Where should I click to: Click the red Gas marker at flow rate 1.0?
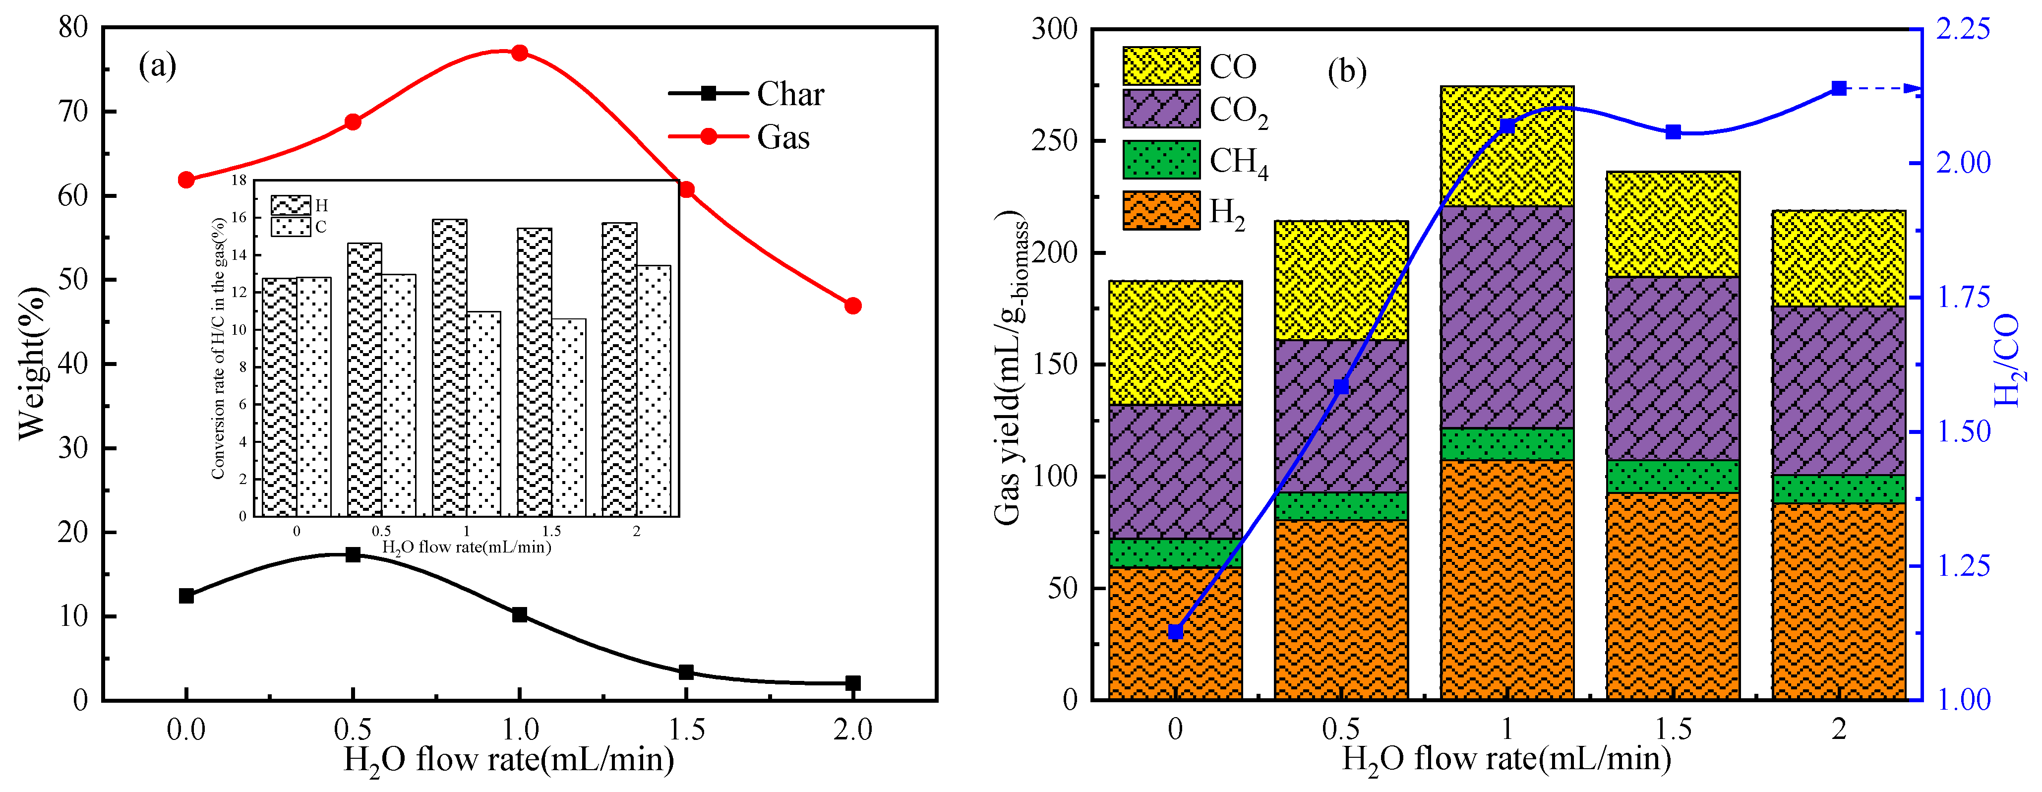point(519,53)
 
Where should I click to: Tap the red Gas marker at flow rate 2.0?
point(853,306)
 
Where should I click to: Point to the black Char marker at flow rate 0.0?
point(186,596)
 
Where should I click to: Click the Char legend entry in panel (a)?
point(789,94)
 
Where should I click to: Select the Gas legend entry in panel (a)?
point(782,137)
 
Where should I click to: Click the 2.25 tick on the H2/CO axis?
point(1963,29)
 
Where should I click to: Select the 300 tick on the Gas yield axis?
point(1054,29)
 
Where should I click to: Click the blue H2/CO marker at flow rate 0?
point(1176,632)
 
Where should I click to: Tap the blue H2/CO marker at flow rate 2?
point(1839,88)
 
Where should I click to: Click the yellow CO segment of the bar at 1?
point(1507,147)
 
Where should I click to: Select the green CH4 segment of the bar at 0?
point(1176,553)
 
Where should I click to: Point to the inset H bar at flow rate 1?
point(449,368)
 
